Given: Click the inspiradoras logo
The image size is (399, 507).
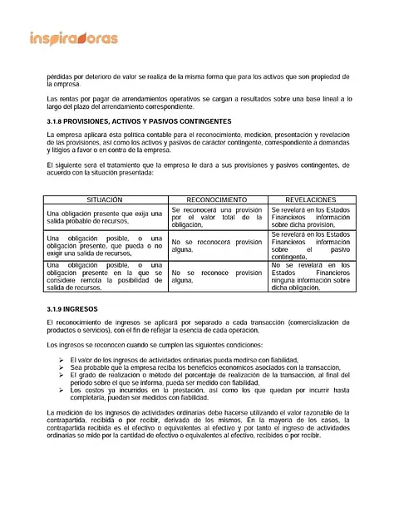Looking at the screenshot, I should pos(73,38).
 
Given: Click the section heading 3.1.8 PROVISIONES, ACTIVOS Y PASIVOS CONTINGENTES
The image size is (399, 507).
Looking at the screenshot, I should pos(140,121).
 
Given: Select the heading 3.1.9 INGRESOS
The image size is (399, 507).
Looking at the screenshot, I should pos(75,308).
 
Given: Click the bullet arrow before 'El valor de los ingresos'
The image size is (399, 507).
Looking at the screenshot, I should pos(63,359).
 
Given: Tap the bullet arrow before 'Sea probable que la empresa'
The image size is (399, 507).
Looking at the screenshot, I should pos(63,367).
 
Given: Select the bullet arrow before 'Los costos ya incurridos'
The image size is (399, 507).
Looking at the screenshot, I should pos(63,389).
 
